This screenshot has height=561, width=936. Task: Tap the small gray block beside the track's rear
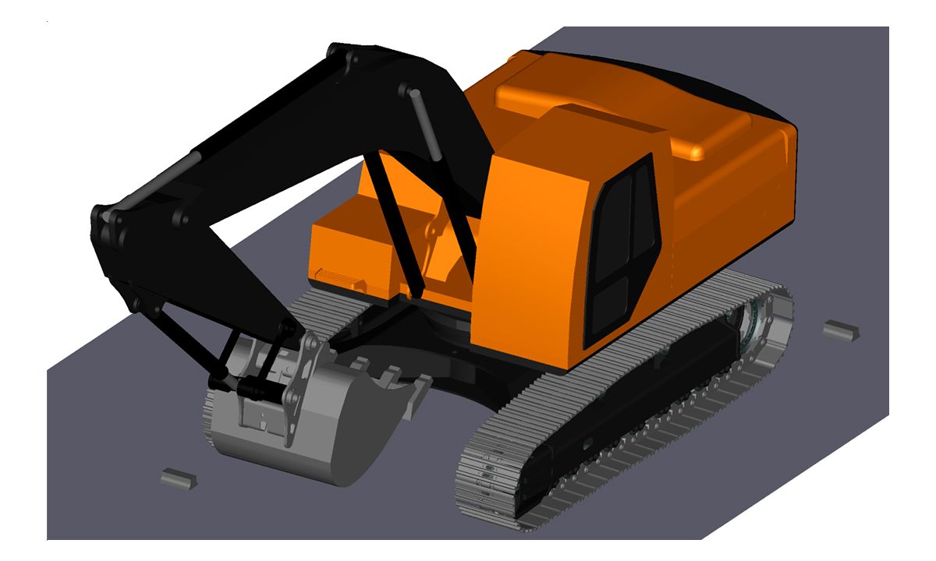841,330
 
